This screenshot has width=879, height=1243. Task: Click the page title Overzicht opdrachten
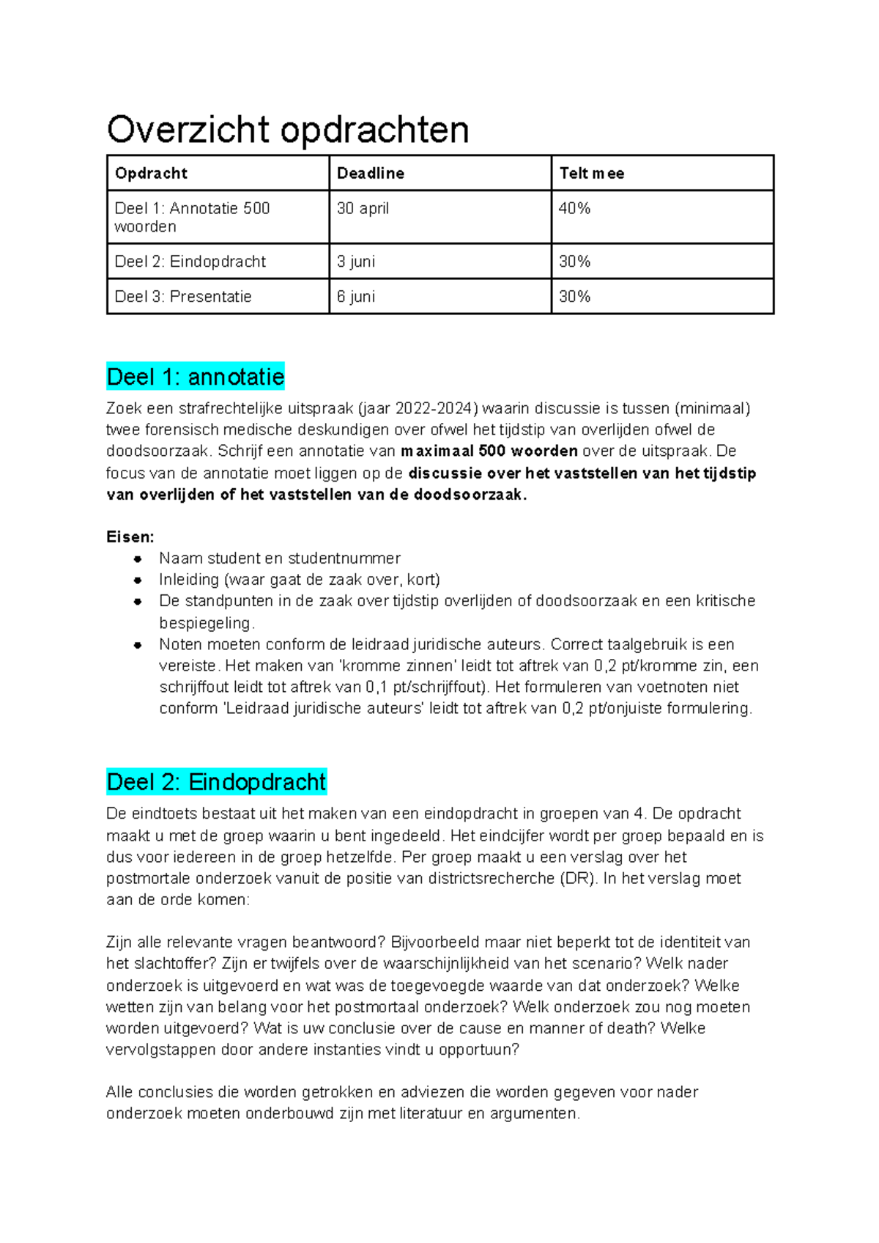click(x=288, y=130)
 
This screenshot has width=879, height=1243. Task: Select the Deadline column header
click(x=371, y=174)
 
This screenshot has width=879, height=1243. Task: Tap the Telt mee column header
click(x=592, y=174)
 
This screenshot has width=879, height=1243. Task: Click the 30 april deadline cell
click(x=363, y=209)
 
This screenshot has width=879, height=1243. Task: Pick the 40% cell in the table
click(x=574, y=209)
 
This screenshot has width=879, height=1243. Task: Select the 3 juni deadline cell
click(x=356, y=262)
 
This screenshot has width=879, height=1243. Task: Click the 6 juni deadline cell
click(x=356, y=297)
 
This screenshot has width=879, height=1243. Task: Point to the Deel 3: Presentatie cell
click(x=183, y=297)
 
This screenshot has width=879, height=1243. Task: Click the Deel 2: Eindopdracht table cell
click(x=190, y=262)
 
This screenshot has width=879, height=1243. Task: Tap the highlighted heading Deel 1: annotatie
click(x=196, y=377)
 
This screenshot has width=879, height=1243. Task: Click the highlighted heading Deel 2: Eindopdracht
click(x=216, y=782)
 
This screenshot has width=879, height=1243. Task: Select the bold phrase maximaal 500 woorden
click(x=489, y=451)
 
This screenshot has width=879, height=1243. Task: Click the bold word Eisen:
click(x=130, y=537)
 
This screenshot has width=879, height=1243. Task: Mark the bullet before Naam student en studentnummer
click(x=138, y=558)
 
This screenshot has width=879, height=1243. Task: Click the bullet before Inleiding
click(x=138, y=580)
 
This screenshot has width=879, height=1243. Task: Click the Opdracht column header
click(x=151, y=174)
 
